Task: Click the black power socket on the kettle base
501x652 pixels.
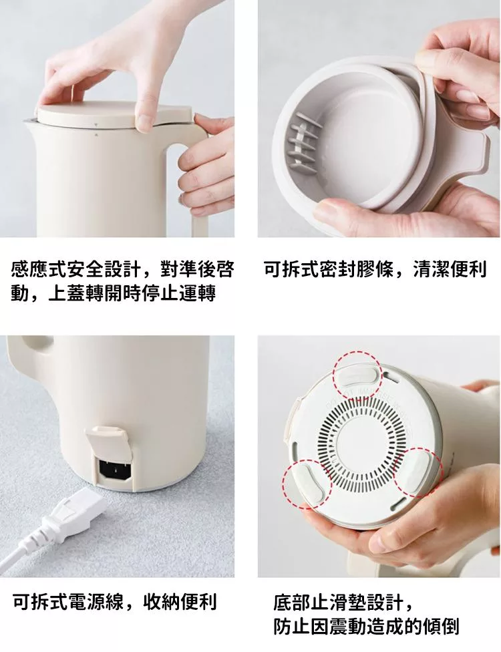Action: click(x=115, y=470)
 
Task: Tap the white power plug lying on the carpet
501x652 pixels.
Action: click(x=73, y=512)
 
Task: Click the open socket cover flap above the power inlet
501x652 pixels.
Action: click(x=108, y=442)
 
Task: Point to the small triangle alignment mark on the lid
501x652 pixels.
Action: click(x=96, y=124)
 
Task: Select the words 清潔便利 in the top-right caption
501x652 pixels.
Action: click(x=450, y=269)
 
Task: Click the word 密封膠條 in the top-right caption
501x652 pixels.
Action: click(x=356, y=269)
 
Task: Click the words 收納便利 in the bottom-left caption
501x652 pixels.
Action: click(x=180, y=602)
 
